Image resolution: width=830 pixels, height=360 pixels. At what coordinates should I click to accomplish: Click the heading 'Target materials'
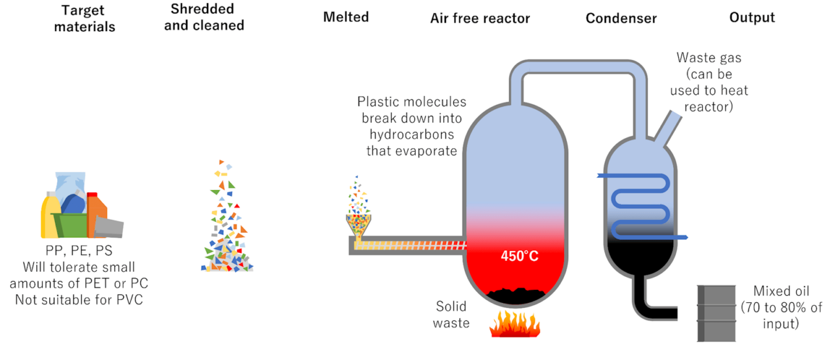tap(84, 18)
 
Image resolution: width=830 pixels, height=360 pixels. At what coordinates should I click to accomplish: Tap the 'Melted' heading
tap(346, 17)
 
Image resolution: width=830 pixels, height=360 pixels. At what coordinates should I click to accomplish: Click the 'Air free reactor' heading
tap(480, 18)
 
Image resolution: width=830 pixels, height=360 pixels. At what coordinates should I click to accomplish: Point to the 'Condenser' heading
tap(621, 18)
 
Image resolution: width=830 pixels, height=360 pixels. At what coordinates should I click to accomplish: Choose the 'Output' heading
tap(752, 18)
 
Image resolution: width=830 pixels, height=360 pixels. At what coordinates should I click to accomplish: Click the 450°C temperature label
tap(519, 256)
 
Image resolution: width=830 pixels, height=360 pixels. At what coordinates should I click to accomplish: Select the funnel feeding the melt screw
tap(359, 224)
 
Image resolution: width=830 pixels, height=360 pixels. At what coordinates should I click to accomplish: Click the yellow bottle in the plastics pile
tap(51, 216)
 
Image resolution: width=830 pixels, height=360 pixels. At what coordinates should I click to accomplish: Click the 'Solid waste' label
tap(452, 314)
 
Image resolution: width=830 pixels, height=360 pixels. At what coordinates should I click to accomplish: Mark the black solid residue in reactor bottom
tap(516, 295)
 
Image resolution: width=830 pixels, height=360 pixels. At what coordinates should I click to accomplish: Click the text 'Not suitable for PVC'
tap(85, 300)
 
